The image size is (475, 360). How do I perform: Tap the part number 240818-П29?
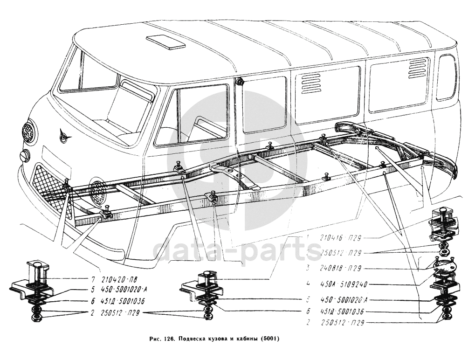click(342, 269)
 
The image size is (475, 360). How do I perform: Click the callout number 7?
click(93, 280)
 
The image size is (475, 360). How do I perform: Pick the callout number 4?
click(308, 283)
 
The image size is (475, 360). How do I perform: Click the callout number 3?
click(308, 268)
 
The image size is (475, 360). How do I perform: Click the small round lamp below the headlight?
click(25, 155)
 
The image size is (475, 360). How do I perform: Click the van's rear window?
click(446, 77)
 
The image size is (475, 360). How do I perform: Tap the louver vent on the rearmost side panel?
click(418, 69)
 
